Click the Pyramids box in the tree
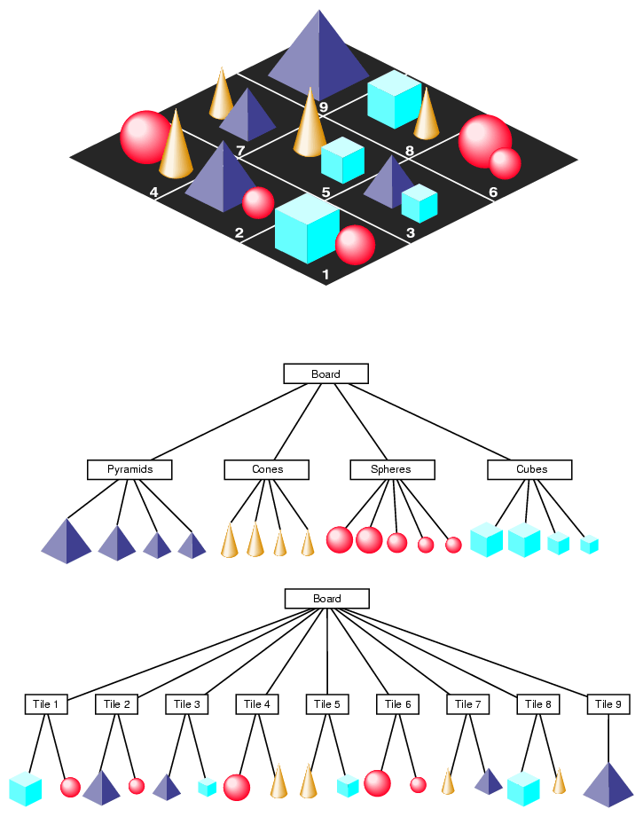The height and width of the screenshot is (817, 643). pos(129,469)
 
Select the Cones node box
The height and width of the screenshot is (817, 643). pos(267,469)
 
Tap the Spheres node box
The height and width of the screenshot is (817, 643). pos(392,469)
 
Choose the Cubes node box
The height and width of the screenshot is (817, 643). pos(530,469)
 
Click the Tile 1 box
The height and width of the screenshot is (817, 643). pos(45,704)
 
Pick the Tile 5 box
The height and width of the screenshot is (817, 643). pos(327,704)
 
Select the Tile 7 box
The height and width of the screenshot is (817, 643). pos(467,704)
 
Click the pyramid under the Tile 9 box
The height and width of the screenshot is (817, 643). pos(608,785)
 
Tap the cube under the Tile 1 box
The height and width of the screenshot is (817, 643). pos(26,789)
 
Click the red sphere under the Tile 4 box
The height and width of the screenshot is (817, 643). pos(237,787)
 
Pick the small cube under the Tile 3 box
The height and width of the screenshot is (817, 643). pos(208,787)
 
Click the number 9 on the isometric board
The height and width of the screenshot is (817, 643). pos(324,108)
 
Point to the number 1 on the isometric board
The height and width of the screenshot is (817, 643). pos(325,275)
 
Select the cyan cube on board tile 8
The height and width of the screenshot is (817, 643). pos(394,99)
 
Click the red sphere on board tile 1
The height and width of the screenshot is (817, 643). pos(355,245)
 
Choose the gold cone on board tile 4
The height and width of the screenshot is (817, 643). pos(176,146)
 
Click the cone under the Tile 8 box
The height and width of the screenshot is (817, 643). pos(559,782)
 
